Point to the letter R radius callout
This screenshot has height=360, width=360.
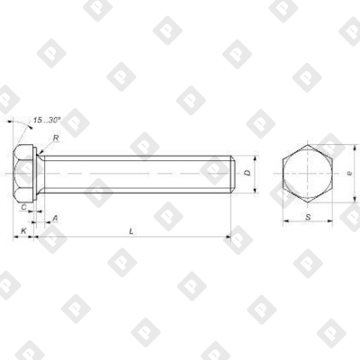point(55,138)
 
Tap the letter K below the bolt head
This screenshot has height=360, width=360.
point(23,232)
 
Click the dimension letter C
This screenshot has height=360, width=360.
point(23,207)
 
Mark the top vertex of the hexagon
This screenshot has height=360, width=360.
point(307,144)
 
